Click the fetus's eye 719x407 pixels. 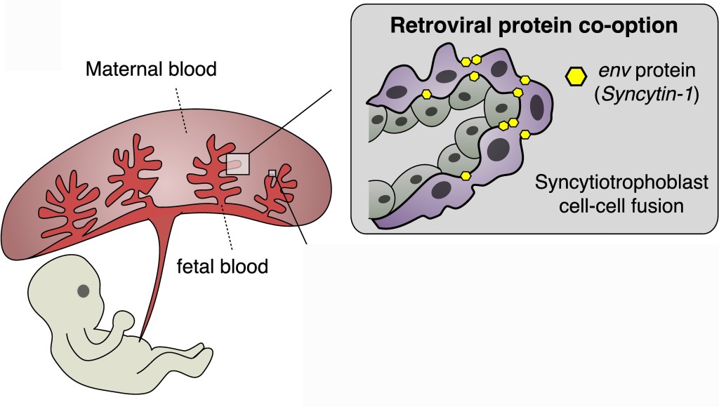pos(84,291)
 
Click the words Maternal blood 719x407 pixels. pos(150,69)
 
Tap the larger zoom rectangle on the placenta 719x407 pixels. pos(237,164)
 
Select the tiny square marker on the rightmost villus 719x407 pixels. pos(272,173)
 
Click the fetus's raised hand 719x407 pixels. pos(124,320)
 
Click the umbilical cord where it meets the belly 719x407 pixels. pos(143,337)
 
